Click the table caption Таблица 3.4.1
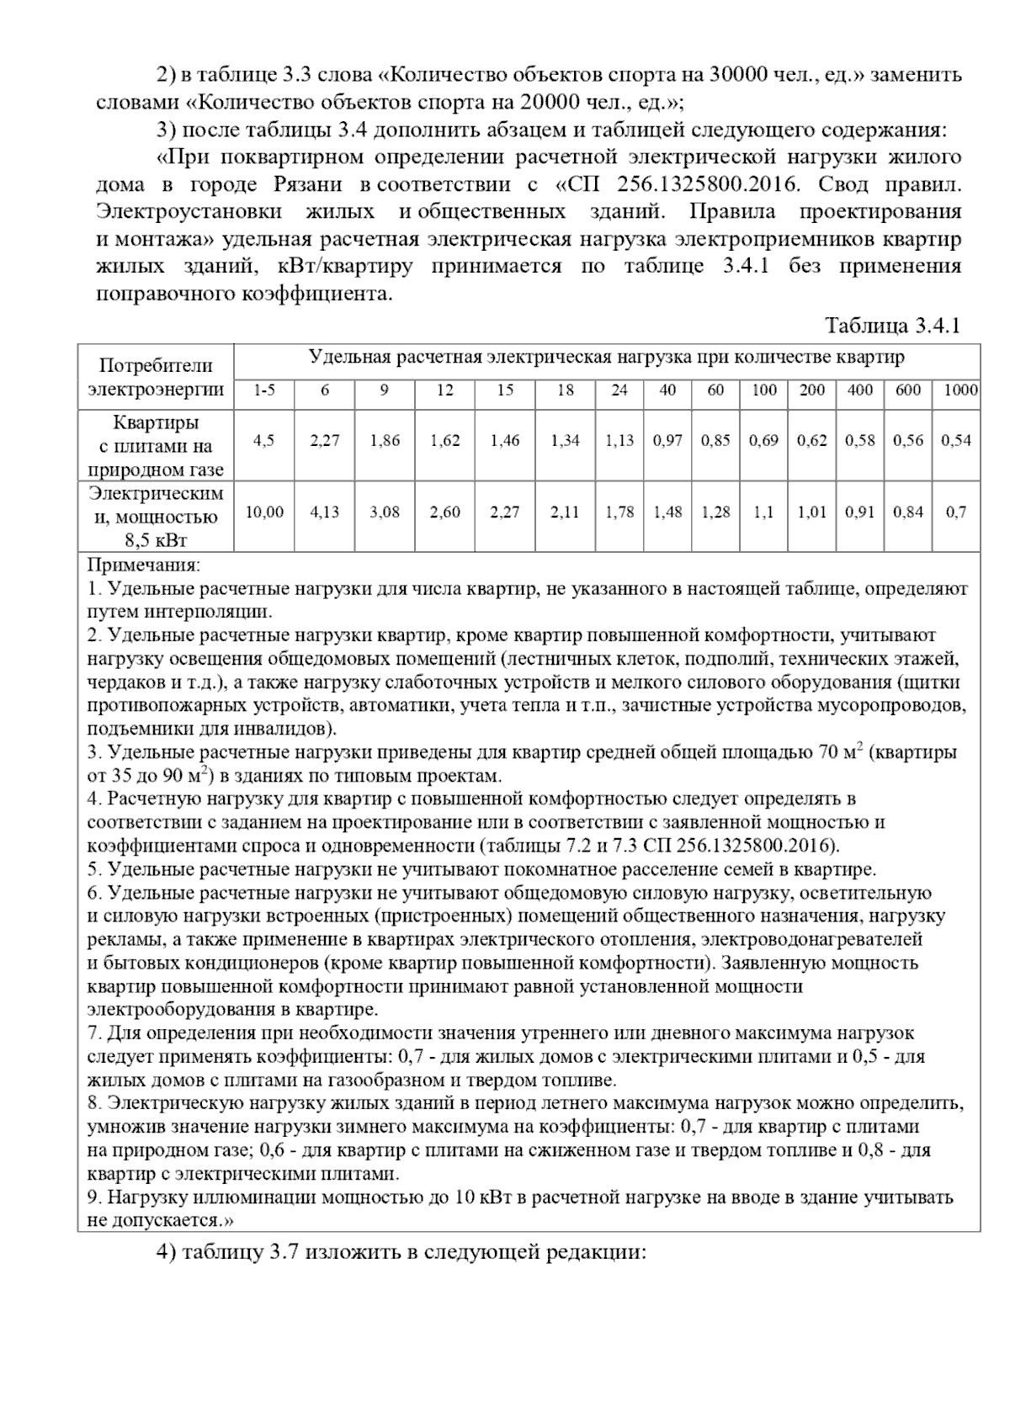[892, 326]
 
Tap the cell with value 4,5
[264, 441]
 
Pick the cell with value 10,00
[264, 512]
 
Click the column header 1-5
[264, 390]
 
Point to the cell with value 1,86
[385, 441]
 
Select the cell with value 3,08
[385, 512]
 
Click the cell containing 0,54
[956, 441]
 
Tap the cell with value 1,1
[764, 512]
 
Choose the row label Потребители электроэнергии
[156, 378]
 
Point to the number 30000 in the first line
[741, 74]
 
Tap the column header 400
[860, 390]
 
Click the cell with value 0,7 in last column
[956, 512]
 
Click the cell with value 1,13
[619, 441]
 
